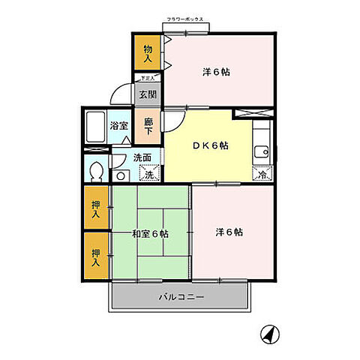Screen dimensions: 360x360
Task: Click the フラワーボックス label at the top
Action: coord(184,20)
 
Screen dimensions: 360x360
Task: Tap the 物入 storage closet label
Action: coord(147,53)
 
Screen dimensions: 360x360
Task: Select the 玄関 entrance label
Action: coord(147,94)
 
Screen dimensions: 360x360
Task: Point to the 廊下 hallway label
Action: coord(148,125)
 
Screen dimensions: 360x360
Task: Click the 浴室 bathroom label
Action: coord(118,125)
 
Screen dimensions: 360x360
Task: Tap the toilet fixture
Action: coord(95,172)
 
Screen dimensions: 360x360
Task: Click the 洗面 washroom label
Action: coord(142,157)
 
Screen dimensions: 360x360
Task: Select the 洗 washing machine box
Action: coord(150,173)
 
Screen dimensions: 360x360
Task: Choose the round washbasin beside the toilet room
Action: coord(121,175)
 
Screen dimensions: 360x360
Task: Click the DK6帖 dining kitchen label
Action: coord(208,145)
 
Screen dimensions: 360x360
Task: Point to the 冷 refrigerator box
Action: coord(262,174)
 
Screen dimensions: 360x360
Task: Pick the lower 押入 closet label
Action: coord(96,258)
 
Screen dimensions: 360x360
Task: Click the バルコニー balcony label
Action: coord(181,297)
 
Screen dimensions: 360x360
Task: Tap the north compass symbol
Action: coord(268,332)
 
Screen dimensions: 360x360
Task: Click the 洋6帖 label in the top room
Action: coord(215,73)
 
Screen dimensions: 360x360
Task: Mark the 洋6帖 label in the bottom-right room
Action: coord(229,232)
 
